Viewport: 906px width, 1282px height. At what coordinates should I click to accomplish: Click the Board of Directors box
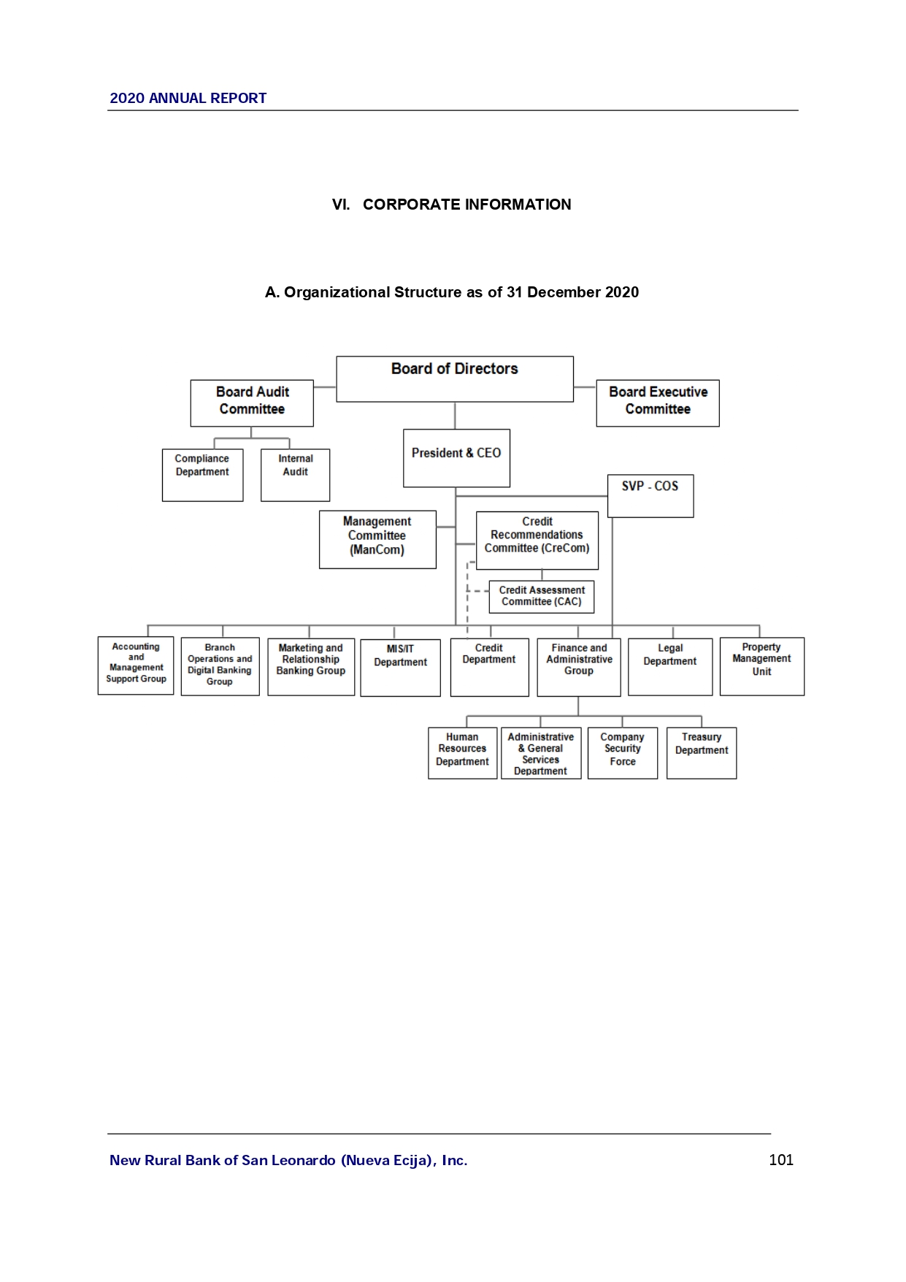coord(454,378)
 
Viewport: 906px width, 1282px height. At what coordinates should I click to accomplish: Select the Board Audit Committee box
coord(252,402)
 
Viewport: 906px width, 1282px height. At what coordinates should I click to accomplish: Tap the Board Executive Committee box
coord(657,402)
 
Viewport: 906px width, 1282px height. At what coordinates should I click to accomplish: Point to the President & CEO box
coord(456,458)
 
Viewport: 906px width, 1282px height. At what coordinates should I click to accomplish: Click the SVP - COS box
coord(650,495)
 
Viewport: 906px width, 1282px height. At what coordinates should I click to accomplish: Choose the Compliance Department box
coord(202,475)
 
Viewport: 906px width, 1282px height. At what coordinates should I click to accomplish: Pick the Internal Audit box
coord(295,475)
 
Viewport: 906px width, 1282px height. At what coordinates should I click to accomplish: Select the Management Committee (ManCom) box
coord(377,539)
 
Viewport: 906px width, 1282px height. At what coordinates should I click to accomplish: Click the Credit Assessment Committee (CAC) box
coord(542,596)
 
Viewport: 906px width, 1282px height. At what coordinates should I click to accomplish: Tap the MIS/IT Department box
coord(400,667)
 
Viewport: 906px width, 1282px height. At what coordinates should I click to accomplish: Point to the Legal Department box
coord(670,666)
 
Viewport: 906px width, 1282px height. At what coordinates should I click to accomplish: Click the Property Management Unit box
coord(761,665)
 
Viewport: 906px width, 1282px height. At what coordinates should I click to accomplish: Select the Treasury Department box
coord(702,752)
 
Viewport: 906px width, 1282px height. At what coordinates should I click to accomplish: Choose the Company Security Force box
coord(623,752)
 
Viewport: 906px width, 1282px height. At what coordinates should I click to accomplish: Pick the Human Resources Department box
coord(462,752)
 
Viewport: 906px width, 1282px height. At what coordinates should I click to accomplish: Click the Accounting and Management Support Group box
coord(136,665)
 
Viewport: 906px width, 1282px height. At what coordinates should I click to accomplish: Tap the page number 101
coord(781,1160)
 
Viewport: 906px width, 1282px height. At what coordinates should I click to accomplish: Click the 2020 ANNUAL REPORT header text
coord(188,99)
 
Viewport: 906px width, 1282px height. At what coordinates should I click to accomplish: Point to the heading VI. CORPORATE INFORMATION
coord(452,205)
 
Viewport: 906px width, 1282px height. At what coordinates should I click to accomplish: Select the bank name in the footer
coord(288,1160)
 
